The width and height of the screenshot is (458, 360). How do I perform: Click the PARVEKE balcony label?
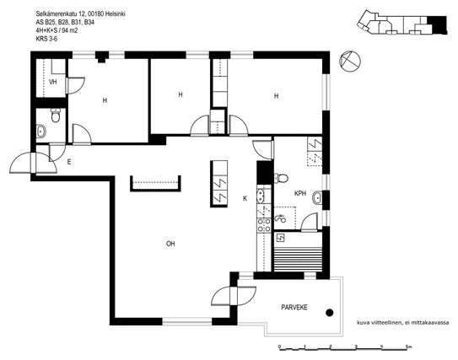[294, 308]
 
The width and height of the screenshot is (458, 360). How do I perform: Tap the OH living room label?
[170, 244]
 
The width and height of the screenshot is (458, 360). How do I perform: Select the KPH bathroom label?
[300, 193]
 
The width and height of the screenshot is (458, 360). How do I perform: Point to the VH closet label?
[53, 82]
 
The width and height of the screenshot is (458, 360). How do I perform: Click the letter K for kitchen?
[245, 198]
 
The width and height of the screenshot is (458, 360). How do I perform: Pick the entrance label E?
[69, 162]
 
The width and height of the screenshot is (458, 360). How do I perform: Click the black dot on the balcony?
[330, 313]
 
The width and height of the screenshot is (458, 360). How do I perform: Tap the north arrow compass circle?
[350, 62]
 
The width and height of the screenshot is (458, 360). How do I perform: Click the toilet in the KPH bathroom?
[281, 178]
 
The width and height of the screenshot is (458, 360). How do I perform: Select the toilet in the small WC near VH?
[55, 116]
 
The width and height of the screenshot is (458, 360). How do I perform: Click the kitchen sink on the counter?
[261, 196]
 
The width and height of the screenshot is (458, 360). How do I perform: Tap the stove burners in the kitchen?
[264, 225]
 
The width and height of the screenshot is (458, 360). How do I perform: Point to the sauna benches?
[298, 256]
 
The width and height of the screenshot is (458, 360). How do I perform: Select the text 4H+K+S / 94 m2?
[57, 30]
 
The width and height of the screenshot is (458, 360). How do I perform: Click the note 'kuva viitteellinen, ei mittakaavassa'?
[402, 323]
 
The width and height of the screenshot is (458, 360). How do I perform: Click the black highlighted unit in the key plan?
[437, 24]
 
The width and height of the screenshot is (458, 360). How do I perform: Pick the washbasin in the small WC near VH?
[41, 131]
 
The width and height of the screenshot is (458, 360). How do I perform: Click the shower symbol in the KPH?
[281, 218]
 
